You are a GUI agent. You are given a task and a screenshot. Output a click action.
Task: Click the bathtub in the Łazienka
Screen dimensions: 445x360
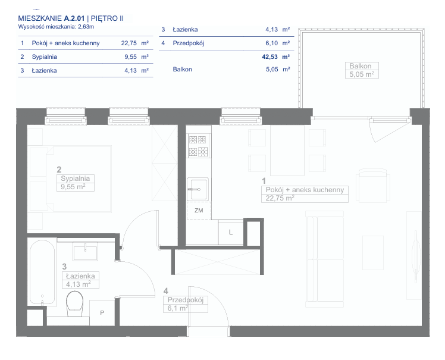(42, 272)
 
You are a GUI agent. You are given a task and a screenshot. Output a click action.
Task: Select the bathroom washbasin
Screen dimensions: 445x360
(85, 251)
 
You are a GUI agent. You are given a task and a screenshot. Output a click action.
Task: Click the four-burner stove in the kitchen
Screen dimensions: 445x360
(198, 146)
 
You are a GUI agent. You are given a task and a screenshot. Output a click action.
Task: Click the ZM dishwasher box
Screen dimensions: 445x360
(199, 211)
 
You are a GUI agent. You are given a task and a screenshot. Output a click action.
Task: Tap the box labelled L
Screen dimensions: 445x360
(231, 233)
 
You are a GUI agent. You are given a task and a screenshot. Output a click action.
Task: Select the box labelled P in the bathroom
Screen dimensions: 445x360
(102, 312)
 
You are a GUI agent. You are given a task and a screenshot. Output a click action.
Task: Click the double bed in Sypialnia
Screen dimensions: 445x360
(71, 179)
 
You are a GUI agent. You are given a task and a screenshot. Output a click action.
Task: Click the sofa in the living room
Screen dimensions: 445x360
(325, 259)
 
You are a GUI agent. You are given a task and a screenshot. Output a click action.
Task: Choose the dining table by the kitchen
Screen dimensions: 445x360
(287, 150)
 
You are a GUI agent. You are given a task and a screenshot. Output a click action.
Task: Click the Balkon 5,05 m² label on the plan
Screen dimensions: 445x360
(362, 70)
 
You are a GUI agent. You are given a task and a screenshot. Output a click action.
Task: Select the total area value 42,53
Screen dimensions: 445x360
(269, 57)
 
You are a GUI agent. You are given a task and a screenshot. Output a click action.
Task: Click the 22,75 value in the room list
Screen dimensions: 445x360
(129, 43)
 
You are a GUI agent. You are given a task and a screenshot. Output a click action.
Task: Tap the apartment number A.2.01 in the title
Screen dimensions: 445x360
(74, 18)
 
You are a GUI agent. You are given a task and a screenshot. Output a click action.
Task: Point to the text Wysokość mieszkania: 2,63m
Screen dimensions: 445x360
(56, 27)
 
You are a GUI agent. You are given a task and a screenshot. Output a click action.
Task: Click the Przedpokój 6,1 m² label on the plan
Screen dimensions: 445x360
(186, 304)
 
